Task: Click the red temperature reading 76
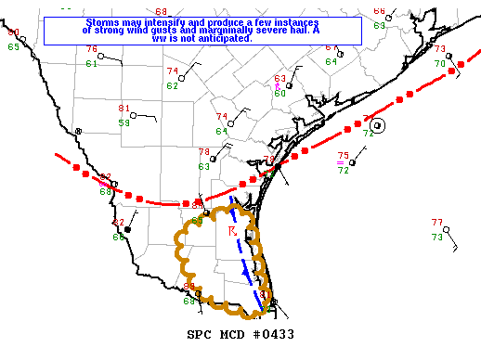(91, 49)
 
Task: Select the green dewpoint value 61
(91, 63)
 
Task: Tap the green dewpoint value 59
(123, 122)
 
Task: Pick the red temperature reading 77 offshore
(437, 223)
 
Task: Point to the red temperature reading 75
(343, 156)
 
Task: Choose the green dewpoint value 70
(440, 63)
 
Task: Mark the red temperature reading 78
(204, 152)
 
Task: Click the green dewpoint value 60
(279, 93)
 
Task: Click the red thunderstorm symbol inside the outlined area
(231, 228)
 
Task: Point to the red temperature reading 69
(161, 11)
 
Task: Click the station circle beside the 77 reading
(453, 248)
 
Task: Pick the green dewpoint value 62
(173, 85)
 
